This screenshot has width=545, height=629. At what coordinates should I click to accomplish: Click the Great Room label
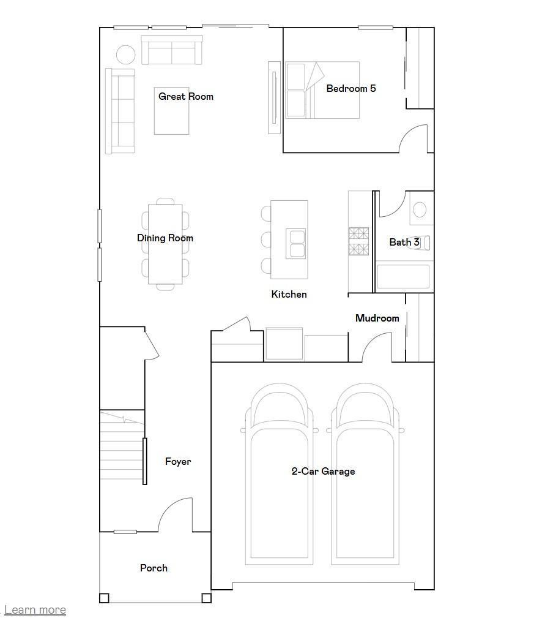[x=186, y=96]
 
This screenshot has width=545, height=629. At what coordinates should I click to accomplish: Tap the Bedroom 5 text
[x=350, y=88]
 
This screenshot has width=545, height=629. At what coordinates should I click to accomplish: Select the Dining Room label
[x=165, y=238]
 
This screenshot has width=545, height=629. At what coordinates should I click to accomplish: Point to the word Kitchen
[x=289, y=294]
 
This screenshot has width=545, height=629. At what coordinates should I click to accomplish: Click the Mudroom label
[x=377, y=318]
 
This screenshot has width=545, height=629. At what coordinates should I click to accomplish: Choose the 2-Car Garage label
[x=323, y=471]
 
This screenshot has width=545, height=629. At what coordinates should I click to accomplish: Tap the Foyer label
[x=178, y=461]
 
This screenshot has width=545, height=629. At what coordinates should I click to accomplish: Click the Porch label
[x=154, y=568]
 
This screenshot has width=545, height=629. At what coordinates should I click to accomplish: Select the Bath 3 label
[x=404, y=242]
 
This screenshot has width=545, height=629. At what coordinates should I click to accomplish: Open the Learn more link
[x=35, y=609]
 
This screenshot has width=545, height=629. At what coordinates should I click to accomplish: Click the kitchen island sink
[x=297, y=243]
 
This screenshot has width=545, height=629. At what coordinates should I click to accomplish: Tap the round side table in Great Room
[x=126, y=55]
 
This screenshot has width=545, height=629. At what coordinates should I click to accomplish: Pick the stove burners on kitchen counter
[x=358, y=241]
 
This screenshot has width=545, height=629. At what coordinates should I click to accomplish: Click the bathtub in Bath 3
[x=403, y=276]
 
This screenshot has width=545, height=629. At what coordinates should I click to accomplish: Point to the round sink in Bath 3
[x=420, y=209]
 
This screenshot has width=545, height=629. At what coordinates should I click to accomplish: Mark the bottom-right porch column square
[x=207, y=598]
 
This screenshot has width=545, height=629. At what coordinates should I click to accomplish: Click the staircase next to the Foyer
[x=122, y=445]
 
